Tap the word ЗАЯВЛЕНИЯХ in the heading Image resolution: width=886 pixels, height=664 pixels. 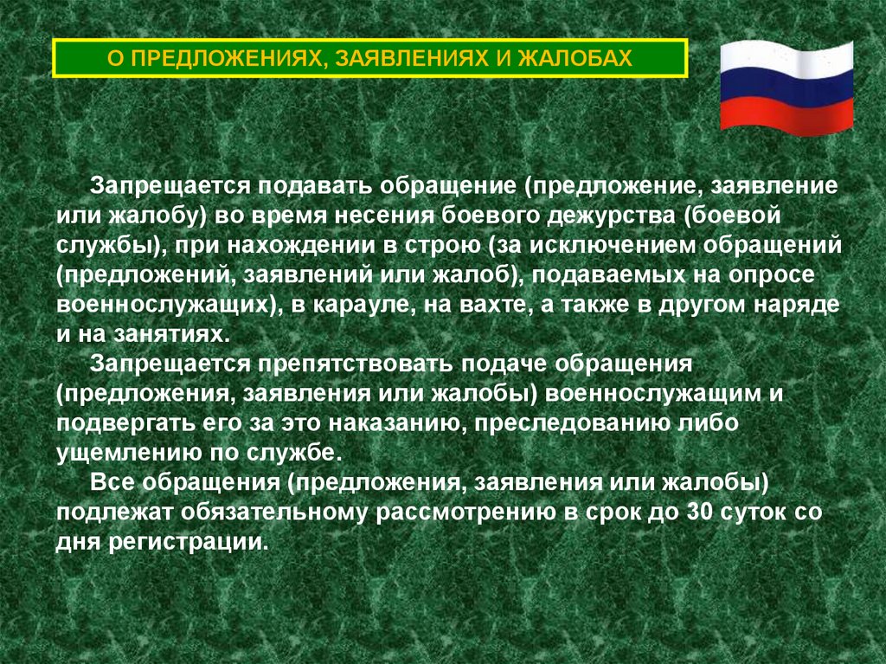tap(405, 59)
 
